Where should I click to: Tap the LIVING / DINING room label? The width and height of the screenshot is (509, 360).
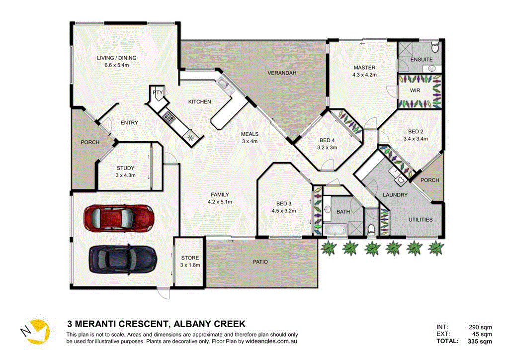[116, 58]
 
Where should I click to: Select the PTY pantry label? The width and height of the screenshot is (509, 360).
[158, 92]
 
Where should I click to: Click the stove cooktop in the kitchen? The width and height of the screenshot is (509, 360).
[169, 118]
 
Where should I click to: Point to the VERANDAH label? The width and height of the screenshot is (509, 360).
[282, 73]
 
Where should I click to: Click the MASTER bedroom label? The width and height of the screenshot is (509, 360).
[364, 67]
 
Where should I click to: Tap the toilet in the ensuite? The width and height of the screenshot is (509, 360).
[435, 48]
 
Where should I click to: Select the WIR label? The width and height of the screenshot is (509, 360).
[416, 91]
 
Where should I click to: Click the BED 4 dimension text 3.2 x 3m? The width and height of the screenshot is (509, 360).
[327, 147]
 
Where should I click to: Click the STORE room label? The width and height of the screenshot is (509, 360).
[189, 258]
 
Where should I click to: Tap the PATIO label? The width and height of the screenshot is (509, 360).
[260, 262]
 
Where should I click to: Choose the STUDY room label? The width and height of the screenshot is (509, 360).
[126, 168]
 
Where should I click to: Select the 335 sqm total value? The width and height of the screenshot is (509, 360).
[480, 342]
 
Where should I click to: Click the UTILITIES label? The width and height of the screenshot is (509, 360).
[420, 219]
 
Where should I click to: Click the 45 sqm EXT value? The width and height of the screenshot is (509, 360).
[482, 334]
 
